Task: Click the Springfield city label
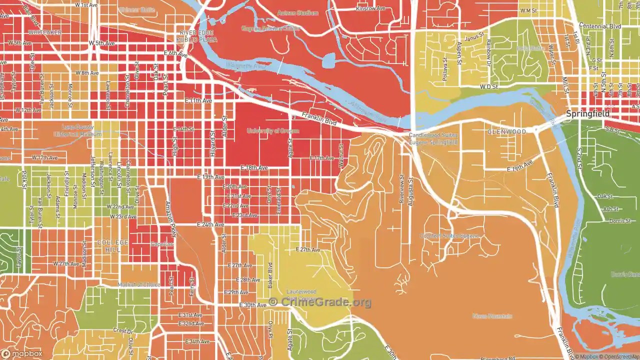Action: (587, 114)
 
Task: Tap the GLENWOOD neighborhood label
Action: (506, 131)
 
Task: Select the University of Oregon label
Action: (272, 131)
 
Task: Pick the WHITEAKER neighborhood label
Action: (45, 32)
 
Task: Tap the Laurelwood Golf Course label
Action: (301, 295)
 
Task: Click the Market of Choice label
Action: (139, 284)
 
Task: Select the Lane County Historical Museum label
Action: (81, 130)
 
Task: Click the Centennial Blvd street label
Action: (600, 26)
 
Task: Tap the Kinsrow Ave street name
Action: (370, 8)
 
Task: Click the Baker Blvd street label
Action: (269, 274)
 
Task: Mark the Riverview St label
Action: (401, 188)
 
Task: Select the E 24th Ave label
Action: (210, 224)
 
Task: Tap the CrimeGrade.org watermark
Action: (320, 302)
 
